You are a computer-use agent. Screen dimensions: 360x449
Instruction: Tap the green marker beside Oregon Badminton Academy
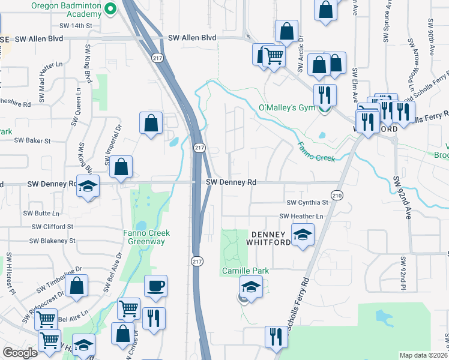pos(110,8)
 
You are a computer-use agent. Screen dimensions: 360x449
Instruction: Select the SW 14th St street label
pos(76,26)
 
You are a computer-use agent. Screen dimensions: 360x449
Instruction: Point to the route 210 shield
pos(337,196)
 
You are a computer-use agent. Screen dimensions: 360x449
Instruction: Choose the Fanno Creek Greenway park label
pos(146,237)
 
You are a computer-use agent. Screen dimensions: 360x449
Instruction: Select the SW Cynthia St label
pos(307,203)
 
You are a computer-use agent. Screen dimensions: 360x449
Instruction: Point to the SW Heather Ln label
pos(301,216)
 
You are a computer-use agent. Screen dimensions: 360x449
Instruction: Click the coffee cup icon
pos(156,285)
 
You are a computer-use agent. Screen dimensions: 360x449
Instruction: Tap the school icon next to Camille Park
pos(251,287)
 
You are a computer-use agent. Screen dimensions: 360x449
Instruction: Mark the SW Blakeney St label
pos(53,241)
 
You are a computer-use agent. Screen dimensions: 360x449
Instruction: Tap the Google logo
pos(20,353)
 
